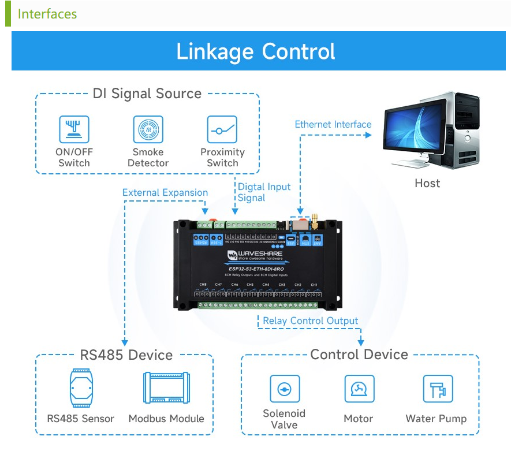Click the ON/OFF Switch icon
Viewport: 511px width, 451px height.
coord(74,129)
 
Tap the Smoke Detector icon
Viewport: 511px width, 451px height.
coord(148,129)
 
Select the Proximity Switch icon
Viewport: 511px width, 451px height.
coord(222,129)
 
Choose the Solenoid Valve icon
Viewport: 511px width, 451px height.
coord(285,389)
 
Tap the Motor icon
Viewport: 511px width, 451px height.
coord(359,389)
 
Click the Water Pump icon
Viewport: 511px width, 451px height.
coord(437,389)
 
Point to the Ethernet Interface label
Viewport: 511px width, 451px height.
coord(333,124)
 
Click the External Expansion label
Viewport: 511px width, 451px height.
coord(165,193)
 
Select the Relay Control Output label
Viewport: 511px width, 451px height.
coord(311,321)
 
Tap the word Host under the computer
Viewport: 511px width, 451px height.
coord(427,184)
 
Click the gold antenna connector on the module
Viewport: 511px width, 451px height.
coord(316,220)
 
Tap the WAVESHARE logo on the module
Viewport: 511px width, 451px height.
coord(258,255)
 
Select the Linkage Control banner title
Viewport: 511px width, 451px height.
coord(255,51)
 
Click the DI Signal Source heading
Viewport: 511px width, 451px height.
coord(147,94)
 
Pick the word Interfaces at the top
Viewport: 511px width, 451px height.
coord(47,14)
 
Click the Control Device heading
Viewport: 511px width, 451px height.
coord(359,355)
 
